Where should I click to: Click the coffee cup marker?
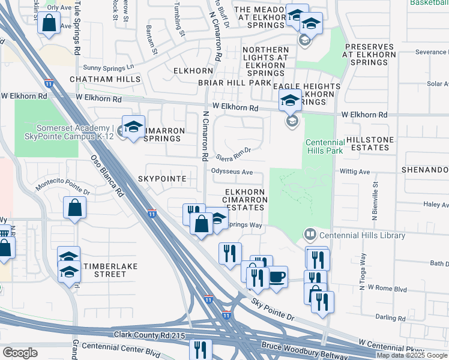[x=277, y=278]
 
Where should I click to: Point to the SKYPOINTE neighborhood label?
[x=162, y=179]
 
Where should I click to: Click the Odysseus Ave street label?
[x=232, y=172]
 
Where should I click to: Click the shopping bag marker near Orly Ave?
[x=49, y=24]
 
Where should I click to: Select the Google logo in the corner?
[x=20, y=353]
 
